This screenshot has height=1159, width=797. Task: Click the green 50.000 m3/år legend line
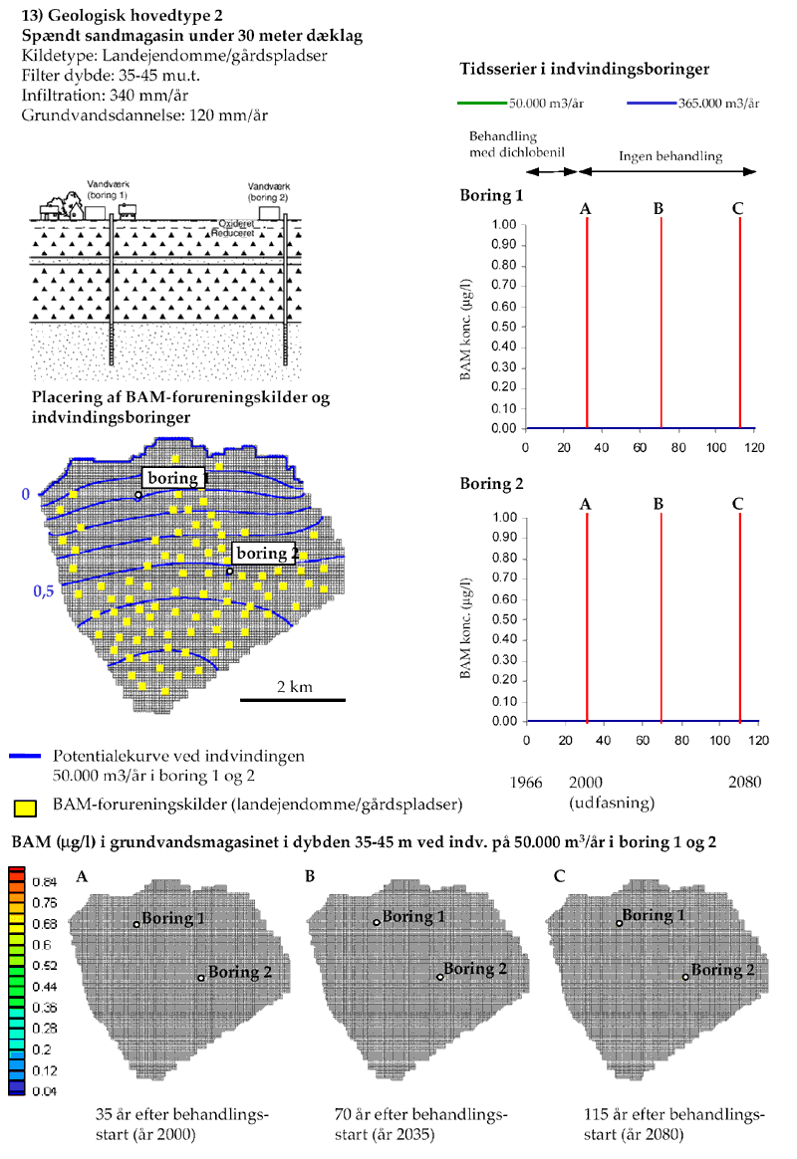pyautogui.click(x=481, y=103)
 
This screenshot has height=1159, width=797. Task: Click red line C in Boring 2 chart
pyautogui.click(x=739, y=617)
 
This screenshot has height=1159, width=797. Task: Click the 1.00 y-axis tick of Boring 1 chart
pyautogui.click(x=503, y=225)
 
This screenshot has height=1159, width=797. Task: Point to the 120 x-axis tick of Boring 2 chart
pyautogui.click(x=758, y=740)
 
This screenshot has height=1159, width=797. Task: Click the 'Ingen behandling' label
pyautogui.click(x=670, y=156)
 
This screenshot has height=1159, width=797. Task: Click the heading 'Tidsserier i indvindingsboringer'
pyautogui.click(x=585, y=70)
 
